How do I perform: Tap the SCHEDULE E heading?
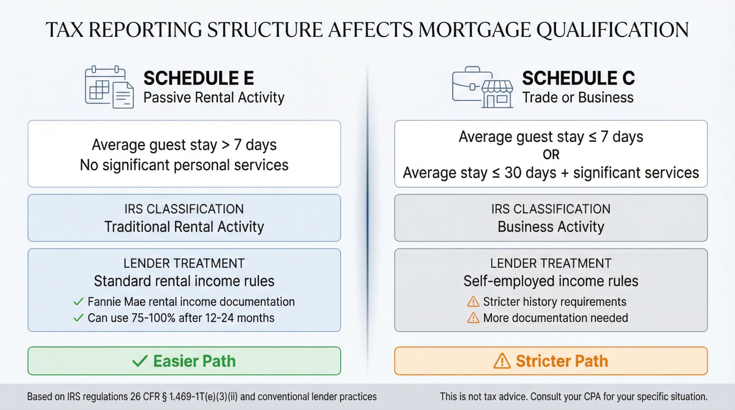198,78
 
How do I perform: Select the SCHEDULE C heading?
578,78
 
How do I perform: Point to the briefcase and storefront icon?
482,87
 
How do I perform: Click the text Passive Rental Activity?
214,98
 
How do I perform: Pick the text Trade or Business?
578,98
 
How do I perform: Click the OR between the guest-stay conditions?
551,155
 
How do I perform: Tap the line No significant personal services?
184,165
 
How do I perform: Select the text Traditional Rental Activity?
184,227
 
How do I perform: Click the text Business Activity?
551,227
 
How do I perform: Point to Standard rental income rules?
184,281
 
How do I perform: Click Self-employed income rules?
551,281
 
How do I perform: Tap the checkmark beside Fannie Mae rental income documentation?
78,302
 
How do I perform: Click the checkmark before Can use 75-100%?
78,318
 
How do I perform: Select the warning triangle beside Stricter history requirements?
473,302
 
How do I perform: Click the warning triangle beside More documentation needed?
473,318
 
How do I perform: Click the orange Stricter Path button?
551,361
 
